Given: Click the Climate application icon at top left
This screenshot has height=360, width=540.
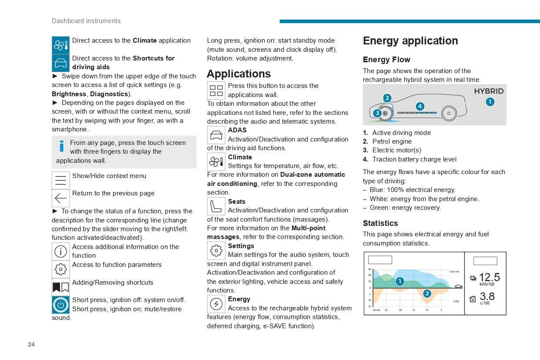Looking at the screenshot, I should point(60,45).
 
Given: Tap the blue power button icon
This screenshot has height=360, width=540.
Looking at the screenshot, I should point(60,305).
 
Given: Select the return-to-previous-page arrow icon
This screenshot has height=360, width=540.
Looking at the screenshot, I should point(60,199).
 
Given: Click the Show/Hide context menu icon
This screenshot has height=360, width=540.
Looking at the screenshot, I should point(60,180).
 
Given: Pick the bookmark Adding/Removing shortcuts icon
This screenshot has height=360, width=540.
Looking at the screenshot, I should point(60,287).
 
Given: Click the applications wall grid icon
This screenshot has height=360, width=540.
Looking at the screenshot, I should point(216,91).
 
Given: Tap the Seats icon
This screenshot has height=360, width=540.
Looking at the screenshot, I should point(216,206).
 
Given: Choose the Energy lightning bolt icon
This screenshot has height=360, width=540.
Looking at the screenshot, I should point(216,304).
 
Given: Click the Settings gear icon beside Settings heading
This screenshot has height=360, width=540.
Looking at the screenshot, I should point(216,251).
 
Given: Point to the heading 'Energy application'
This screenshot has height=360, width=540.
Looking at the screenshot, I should point(410,41).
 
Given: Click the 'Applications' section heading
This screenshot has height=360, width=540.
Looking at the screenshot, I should point(238,74).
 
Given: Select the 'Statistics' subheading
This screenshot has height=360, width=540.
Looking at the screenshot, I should point(380,223).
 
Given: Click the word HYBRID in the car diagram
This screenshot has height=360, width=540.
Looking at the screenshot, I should point(489,91).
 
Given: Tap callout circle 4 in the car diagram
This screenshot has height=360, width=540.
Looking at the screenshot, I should point(419,106).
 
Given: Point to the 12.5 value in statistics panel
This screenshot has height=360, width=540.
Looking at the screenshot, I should point(490,277).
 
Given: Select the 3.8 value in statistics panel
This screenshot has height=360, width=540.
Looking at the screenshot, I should point(487,296).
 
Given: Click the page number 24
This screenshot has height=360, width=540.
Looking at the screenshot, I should point(31,344).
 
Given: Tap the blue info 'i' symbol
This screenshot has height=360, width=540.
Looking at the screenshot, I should point(62,146).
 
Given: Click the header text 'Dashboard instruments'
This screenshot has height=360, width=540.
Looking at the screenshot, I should point(86,21).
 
